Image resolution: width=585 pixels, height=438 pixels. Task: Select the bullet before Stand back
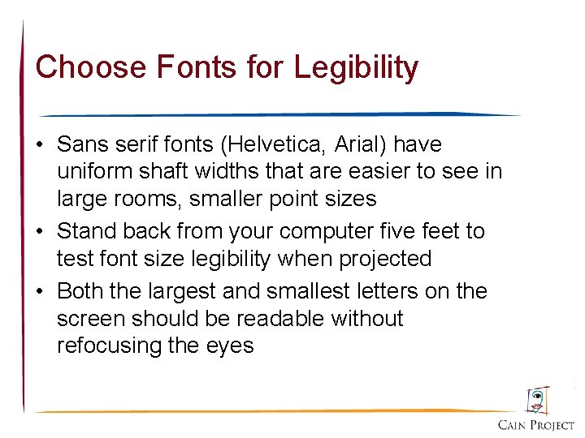point(40,232)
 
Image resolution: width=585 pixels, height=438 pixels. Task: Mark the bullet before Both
point(40,291)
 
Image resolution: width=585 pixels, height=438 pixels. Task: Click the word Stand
point(88,231)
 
